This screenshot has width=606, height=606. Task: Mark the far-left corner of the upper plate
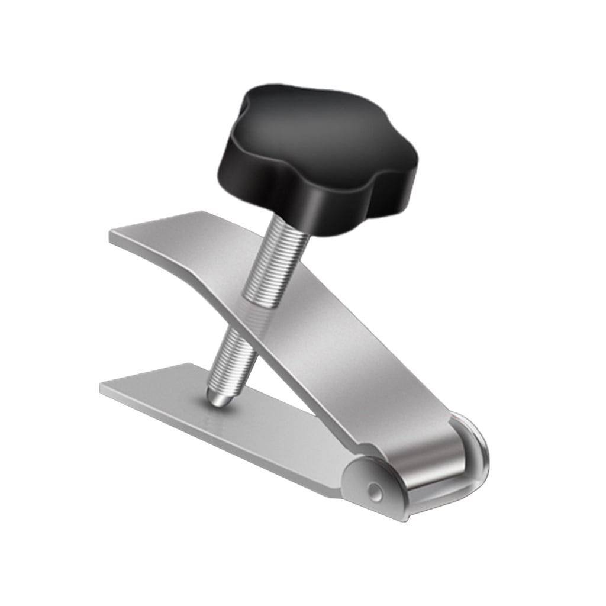click(204, 213)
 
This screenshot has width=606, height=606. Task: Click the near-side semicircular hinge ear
click(373, 482)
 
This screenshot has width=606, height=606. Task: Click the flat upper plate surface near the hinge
click(385, 402)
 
